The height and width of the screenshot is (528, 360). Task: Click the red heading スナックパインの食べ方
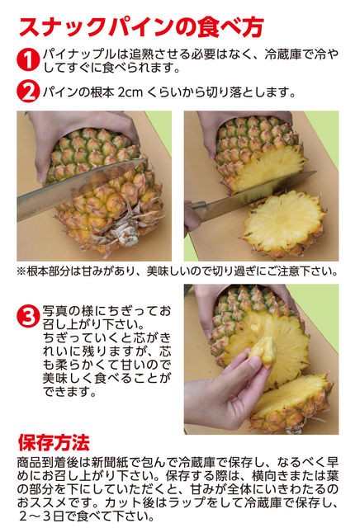point(140,26)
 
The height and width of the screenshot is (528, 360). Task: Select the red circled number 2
point(28,91)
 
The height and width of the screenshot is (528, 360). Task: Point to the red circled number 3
point(28,317)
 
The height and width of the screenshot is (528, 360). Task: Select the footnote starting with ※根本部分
point(177,271)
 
